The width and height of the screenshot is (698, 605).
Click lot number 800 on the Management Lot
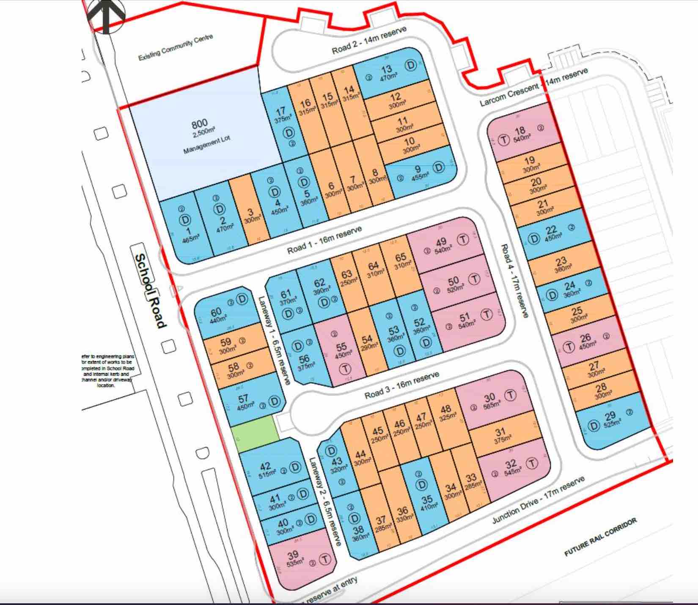(x=199, y=124)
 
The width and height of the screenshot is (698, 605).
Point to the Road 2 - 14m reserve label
(x=369, y=41)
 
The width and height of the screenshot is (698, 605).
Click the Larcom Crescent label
(x=509, y=95)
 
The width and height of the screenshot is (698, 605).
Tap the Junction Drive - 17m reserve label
(x=538, y=500)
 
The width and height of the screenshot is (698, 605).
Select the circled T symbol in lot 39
(x=324, y=559)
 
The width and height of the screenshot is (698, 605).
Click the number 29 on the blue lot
(x=610, y=416)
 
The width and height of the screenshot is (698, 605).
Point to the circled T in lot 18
(x=503, y=140)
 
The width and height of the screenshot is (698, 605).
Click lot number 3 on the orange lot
(x=250, y=212)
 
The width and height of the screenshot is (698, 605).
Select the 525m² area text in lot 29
(x=611, y=424)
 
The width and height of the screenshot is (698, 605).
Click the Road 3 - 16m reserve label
(x=402, y=385)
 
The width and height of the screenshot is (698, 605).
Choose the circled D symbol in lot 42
(x=295, y=467)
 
